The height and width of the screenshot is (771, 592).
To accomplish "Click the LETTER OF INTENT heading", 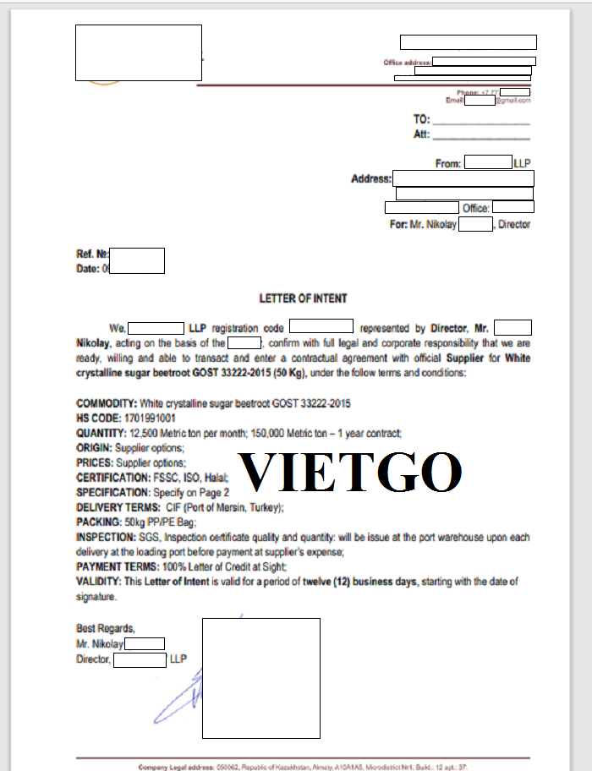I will (303, 298).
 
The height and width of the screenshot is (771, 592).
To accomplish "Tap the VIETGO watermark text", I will (350, 473).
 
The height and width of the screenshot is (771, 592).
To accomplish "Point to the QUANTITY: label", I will (101, 433).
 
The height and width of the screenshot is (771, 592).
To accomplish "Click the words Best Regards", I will (106, 627).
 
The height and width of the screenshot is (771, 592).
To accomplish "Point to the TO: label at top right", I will (422, 119).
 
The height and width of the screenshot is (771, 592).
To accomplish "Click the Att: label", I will (421, 134).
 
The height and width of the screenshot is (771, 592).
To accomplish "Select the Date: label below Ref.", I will (89, 268).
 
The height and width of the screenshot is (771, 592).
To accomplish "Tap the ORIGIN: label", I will (94, 448).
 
